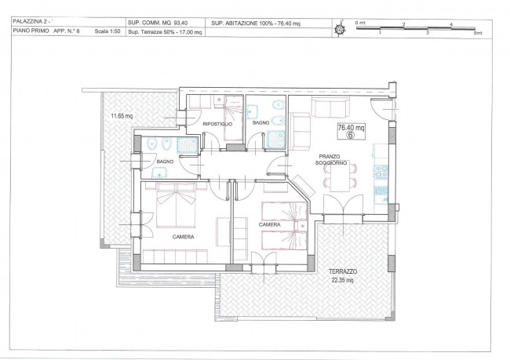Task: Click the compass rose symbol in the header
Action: pos(341,29)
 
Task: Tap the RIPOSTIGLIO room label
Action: pos(217,124)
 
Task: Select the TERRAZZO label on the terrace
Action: pos(343,271)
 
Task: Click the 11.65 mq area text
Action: pos(122,116)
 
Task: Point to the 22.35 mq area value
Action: pos(342,280)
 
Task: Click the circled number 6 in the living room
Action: pos(350,135)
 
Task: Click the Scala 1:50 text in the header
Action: pos(107,31)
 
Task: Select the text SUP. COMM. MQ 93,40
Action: pos(158,23)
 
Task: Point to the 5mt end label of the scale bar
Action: pos(478,33)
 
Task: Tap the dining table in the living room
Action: pos(341,177)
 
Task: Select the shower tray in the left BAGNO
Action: pos(188,145)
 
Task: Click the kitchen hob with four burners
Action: pos(381,173)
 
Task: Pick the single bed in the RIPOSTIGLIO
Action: pos(234,118)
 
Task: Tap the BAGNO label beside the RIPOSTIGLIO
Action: pos(260,122)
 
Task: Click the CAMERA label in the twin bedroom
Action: pos(269,225)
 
